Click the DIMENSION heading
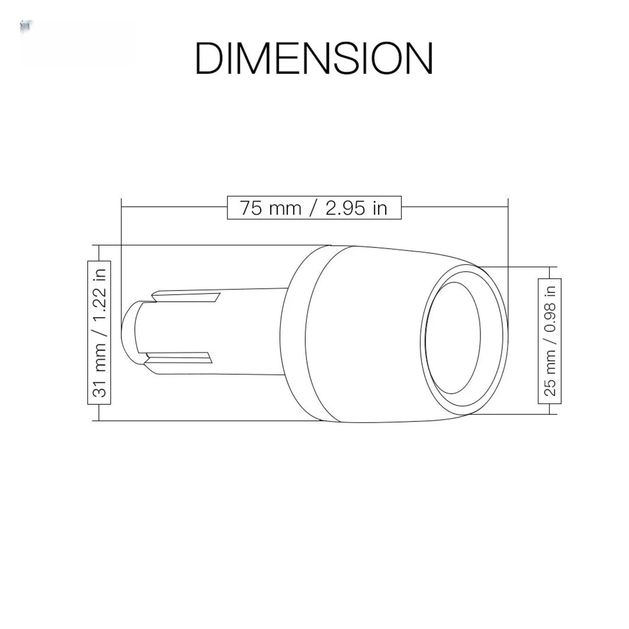[314, 58]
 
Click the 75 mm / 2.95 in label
[314, 208]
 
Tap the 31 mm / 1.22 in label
[99, 333]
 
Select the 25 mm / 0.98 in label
[550, 341]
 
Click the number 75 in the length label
[250, 208]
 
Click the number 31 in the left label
[99, 388]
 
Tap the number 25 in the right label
[550, 388]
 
